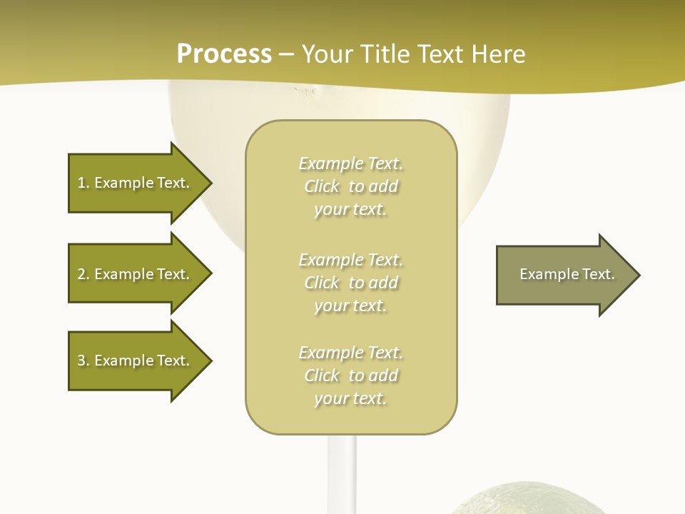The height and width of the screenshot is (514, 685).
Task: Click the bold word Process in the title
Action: tap(224, 54)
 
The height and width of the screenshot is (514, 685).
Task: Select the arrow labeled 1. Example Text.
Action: tap(136, 183)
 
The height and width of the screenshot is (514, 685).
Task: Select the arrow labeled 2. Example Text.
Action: tap(136, 274)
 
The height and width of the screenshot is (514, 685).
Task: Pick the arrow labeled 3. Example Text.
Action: tap(136, 361)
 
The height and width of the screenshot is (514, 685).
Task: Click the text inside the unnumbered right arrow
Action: tap(567, 274)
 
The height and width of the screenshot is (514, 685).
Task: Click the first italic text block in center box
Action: tap(351, 186)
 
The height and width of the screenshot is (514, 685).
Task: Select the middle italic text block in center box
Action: tap(351, 283)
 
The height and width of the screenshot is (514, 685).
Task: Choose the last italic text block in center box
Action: tap(351, 376)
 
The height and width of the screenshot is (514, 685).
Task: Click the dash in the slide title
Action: tap(286, 54)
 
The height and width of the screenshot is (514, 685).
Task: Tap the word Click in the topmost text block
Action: tap(322, 186)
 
